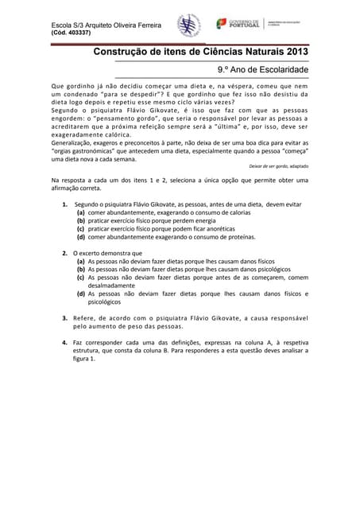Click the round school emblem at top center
coord(188,25)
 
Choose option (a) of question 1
coord(81,213)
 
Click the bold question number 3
coord(64,318)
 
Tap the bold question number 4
coord(64,342)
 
